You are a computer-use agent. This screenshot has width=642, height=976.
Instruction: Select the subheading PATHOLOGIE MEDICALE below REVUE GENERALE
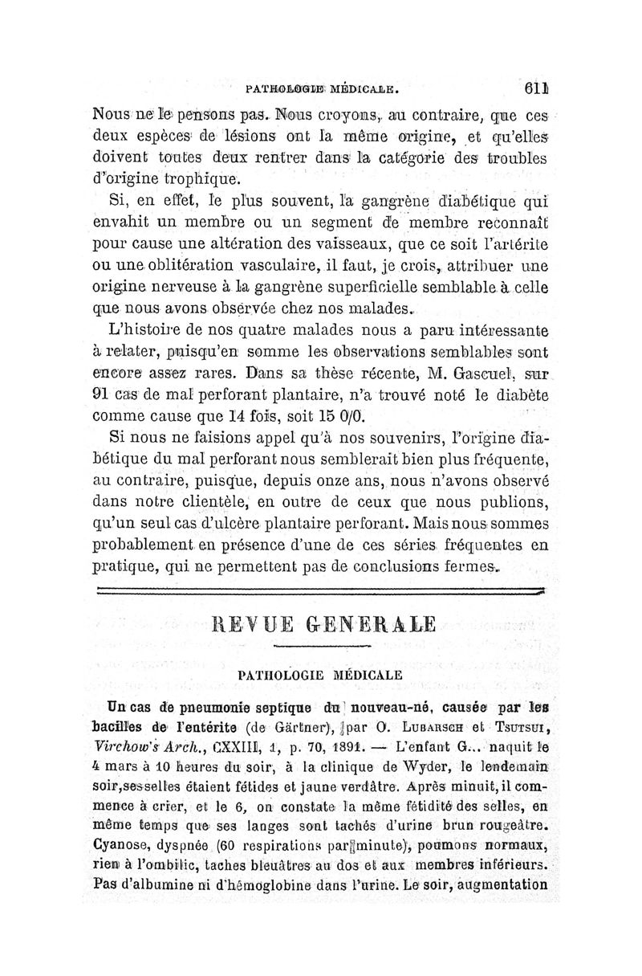point(320,675)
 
